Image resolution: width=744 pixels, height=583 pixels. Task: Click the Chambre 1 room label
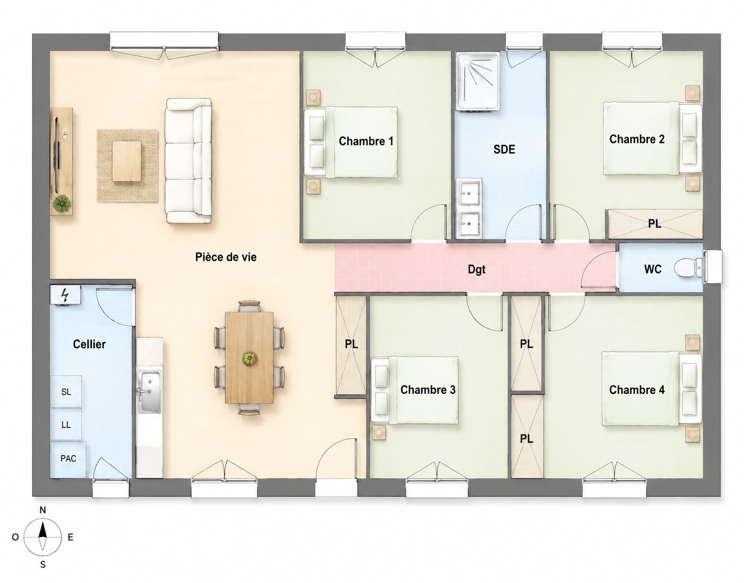(x=366, y=141)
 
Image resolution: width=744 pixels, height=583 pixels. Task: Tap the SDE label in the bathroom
(x=504, y=149)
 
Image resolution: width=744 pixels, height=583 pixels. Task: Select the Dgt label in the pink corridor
(x=477, y=270)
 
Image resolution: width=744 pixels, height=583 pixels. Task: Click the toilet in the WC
(x=688, y=268)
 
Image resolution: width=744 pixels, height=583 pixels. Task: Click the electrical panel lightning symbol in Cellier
(x=65, y=295)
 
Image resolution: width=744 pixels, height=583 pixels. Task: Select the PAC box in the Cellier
(x=68, y=459)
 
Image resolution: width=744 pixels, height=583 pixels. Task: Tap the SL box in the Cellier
(x=66, y=392)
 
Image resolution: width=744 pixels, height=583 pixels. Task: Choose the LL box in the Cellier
(x=66, y=424)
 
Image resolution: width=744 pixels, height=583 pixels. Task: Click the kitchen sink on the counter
(x=149, y=391)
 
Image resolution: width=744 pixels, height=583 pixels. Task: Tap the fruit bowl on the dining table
(x=249, y=359)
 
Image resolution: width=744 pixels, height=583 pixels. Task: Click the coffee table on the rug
(x=127, y=161)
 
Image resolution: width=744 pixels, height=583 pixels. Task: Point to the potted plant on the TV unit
(x=62, y=203)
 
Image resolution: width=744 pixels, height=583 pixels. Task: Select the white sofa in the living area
(x=188, y=161)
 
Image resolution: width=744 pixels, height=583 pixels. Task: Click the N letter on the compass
(x=43, y=511)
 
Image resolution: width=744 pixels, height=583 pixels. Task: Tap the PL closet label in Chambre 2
(x=654, y=224)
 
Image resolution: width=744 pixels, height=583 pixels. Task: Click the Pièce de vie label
(x=226, y=257)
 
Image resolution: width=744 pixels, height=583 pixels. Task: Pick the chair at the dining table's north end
(x=249, y=306)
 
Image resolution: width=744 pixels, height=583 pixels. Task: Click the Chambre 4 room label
(x=637, y=390)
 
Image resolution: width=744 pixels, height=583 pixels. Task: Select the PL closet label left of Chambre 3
(x=351, y=345)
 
